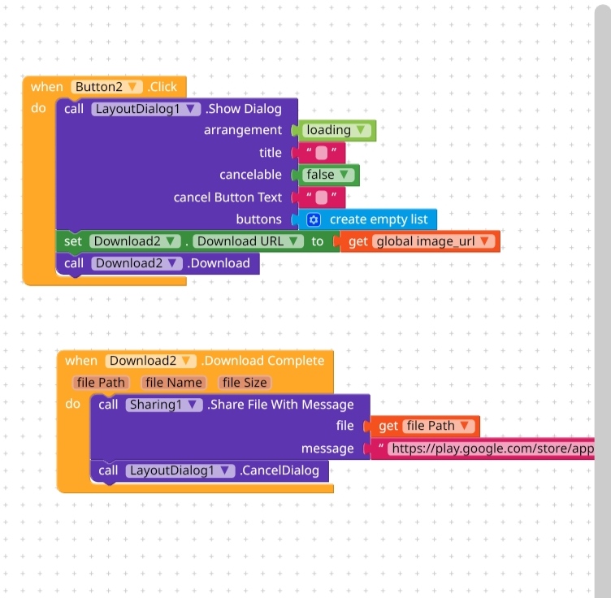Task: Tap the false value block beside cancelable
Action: (x=328, y=175)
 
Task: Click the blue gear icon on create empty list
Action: (x=314, y=219)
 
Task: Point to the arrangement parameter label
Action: (x=242, y=130)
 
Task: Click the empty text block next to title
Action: (x=322, y=153)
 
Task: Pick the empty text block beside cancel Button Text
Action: (x=322, y=197)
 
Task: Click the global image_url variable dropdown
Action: (x=434, y=241)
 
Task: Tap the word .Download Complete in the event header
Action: (x=262, y=361)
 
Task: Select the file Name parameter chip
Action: (x=174, y=382)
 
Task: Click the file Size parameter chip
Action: (x=245, y=382)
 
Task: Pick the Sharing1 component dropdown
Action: (x=163, y=405)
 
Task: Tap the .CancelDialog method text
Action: (x=279, y=470)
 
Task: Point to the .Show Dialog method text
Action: (x=243, y=109)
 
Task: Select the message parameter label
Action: (x=327, y=448)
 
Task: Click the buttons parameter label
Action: (x=258, y=219)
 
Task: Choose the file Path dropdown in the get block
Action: (x=439, y=426)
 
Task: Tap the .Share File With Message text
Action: (x=280, y=405)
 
